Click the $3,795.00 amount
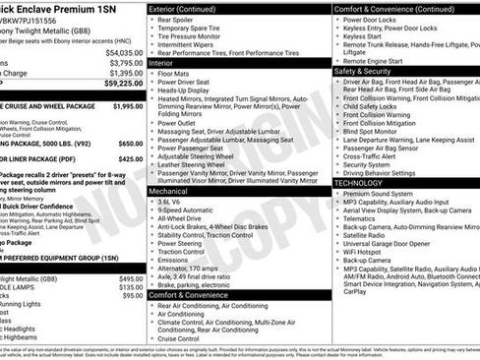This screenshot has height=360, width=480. pos(120,63)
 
